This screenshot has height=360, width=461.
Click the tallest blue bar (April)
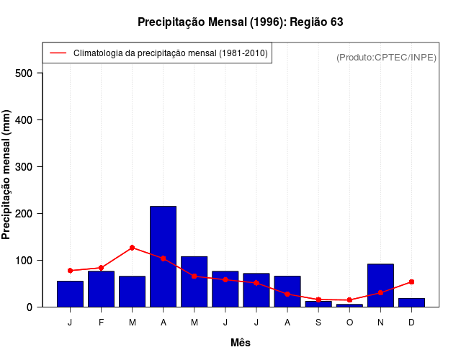(x=163, y=256)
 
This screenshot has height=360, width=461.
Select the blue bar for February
(x=101, y=289)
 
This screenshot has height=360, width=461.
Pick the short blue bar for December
(x=411, y=302)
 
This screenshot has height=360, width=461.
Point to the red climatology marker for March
(x=132, y=248)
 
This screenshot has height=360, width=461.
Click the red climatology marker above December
(x=411, y=282)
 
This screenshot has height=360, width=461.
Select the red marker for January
(x=70, y=270)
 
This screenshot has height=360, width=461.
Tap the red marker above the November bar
(x=380, y=293)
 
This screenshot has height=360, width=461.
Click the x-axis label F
(x=101, y=323)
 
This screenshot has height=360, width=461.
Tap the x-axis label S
(x=318, y=323)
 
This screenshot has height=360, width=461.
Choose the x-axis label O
(x=349, y=323)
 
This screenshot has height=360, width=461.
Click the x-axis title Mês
(x=241, y=343)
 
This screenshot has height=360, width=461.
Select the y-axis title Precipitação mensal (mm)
(x=7, y=175)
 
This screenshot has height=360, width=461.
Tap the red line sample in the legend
(x=58, y=53)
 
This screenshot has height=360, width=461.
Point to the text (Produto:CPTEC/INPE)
(x=386, y=57)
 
